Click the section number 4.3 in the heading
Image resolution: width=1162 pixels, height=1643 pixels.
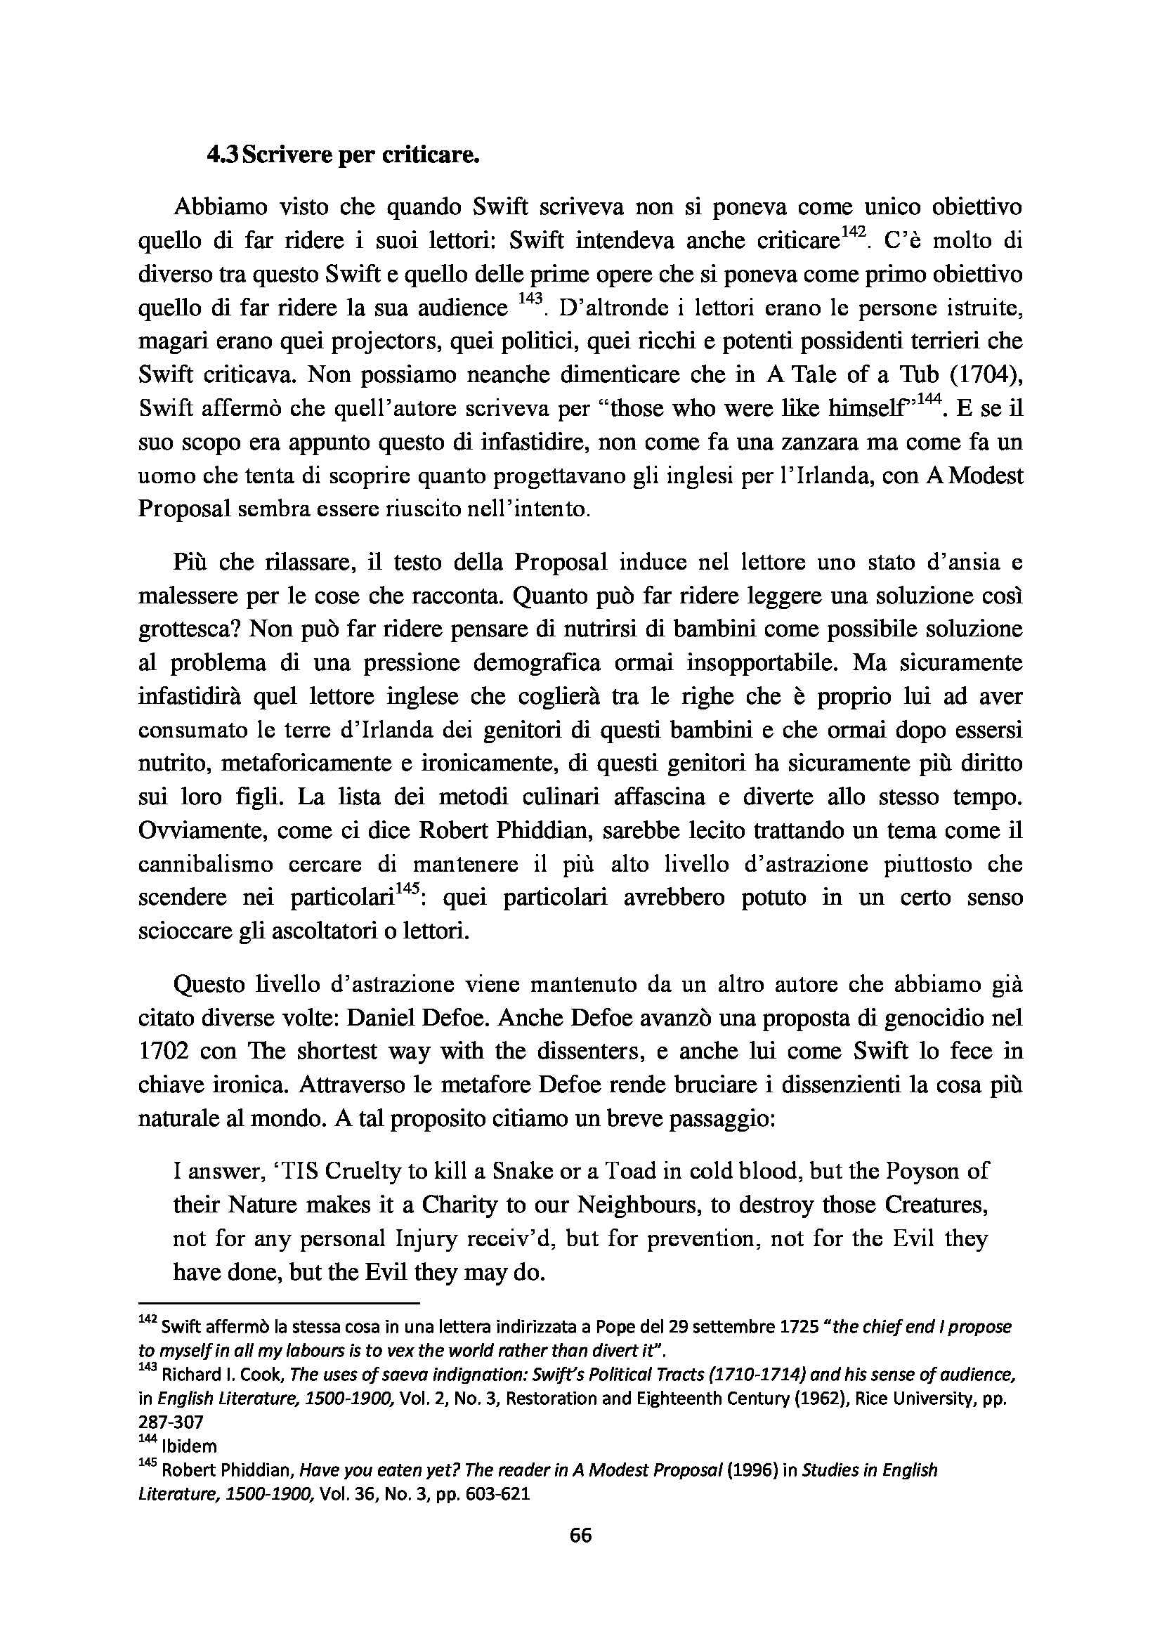pyautogui.click(x=222, y=155)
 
